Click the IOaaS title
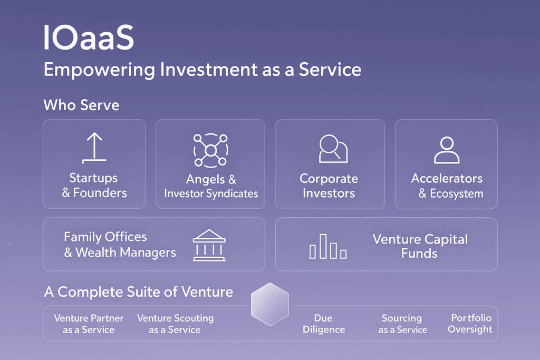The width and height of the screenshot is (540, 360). [89, 37]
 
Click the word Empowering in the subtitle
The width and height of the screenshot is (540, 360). [99, 70]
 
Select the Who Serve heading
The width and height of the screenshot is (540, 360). [81, 105]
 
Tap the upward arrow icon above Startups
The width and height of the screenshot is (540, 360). [94, 148]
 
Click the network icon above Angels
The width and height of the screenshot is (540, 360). [211, 150]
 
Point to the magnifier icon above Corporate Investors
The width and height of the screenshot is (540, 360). [333, 149]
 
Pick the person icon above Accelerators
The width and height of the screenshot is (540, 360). [447, 150]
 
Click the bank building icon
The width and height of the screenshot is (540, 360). [209, 245]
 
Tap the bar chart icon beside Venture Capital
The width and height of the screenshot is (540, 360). [328, 246]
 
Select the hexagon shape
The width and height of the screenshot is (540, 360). [270, 304]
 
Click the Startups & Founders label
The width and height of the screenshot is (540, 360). [94, 185]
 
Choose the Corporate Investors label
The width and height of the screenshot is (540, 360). [329, 186]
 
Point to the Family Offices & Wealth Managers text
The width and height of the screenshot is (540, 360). [120, 245]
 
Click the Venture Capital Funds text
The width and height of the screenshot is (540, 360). [420, 246]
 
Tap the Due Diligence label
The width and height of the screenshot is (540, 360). [324, 324]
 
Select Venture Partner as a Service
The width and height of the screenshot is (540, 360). [89, 324]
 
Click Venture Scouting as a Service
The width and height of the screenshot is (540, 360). [175, 324]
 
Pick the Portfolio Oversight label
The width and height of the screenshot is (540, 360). [470, 324]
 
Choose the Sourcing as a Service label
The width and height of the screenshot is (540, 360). [402, 324]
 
